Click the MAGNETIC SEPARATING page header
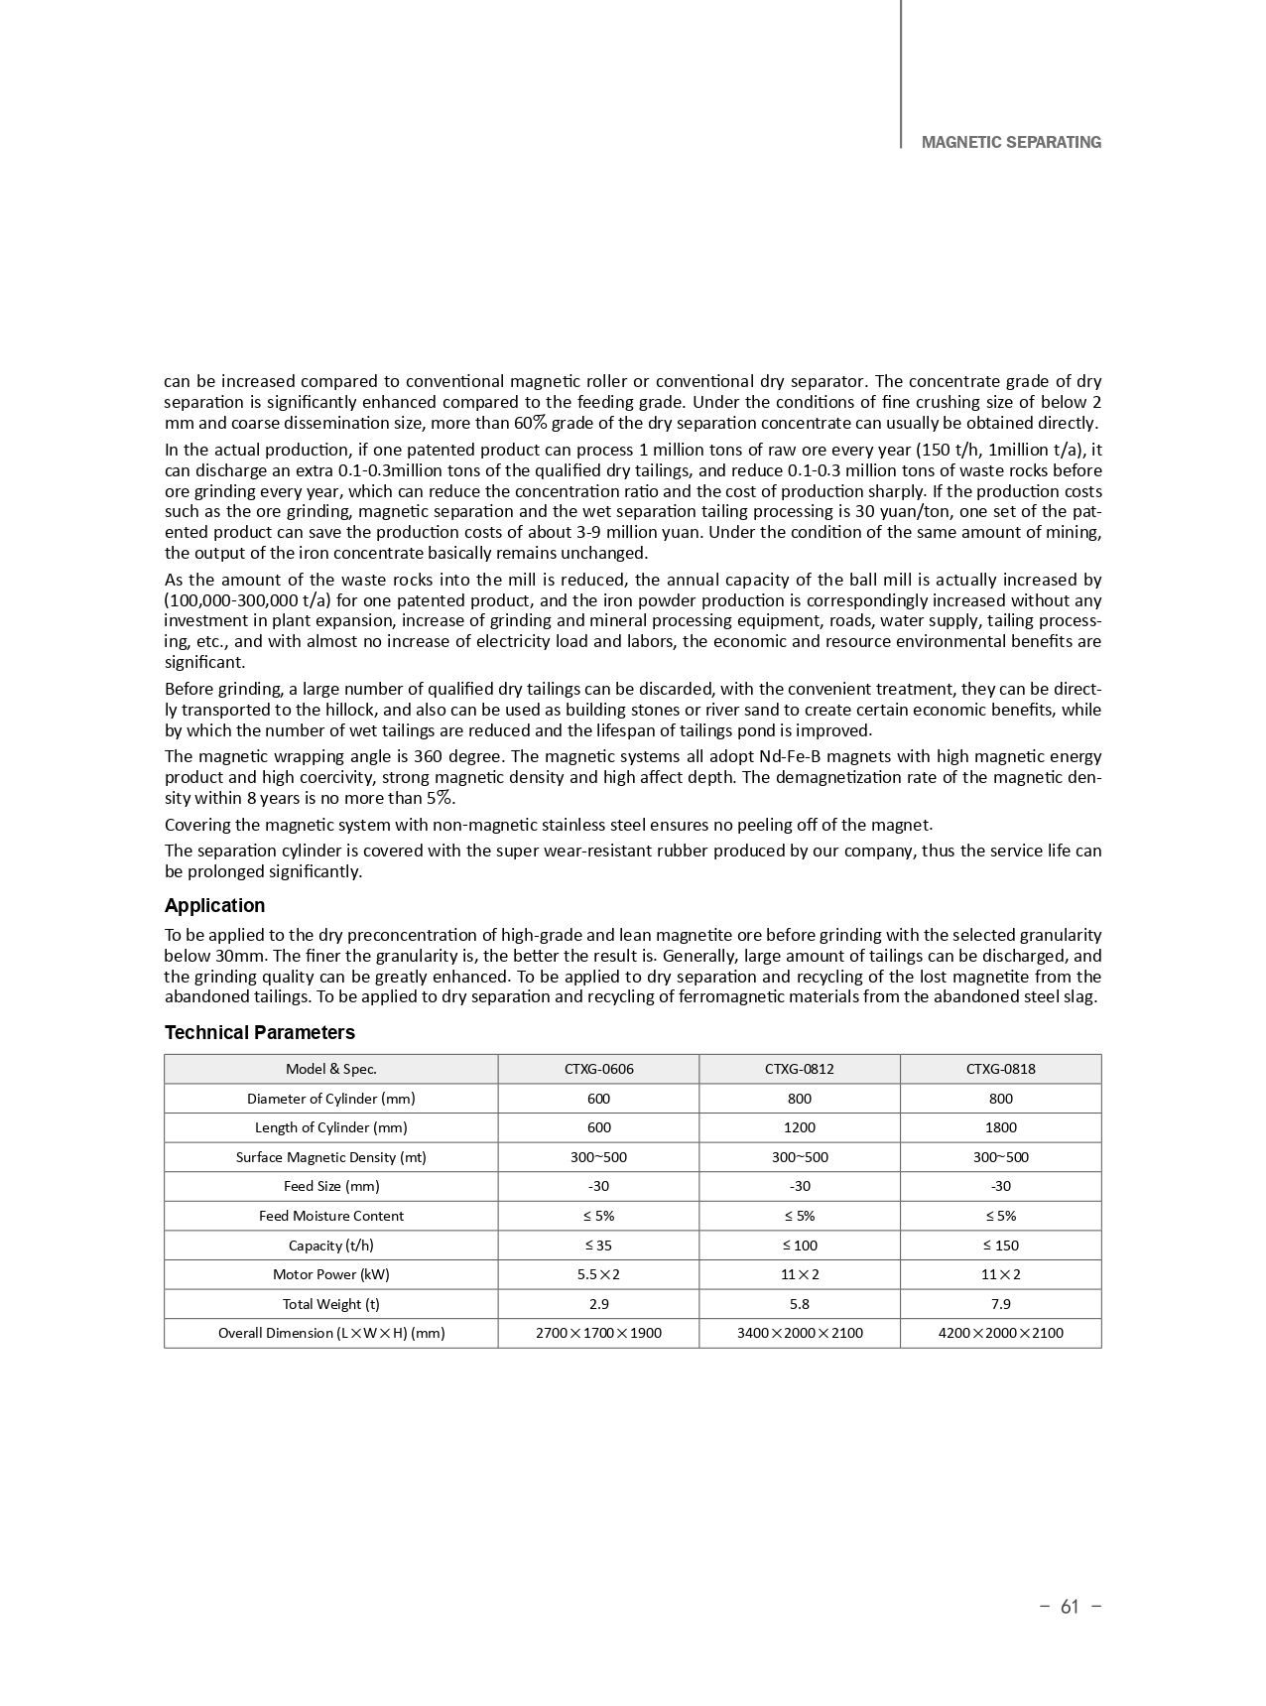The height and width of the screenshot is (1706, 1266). point(1010,142)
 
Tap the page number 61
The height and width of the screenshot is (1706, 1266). point(1069,1607)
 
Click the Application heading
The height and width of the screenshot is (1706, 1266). point(214,905)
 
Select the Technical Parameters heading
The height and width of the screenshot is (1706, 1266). point(259,1032)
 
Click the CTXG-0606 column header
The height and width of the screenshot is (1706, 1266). point(598,1069)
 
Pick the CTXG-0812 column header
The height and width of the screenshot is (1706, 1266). point(799,1069)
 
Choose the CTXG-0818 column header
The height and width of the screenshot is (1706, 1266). point(1000,1069)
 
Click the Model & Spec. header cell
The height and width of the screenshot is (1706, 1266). point(330,1069)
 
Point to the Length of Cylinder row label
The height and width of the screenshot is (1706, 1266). point(330,1127)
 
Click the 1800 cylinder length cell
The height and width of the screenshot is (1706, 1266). point(1000,1127)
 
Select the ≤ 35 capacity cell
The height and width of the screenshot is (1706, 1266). point(598,1245)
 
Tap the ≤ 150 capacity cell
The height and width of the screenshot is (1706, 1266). point(1000,1245)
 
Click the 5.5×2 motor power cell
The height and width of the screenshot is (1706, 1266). point(598,1274)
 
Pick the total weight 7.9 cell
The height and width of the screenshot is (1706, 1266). point(1000,1304)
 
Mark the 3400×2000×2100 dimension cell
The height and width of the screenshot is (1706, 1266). point(799,1333)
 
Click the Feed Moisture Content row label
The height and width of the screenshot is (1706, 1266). point(330,1216)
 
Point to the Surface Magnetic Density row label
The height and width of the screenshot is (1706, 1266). point(330,1157)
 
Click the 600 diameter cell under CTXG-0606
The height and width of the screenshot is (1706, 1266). point(598,1099)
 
